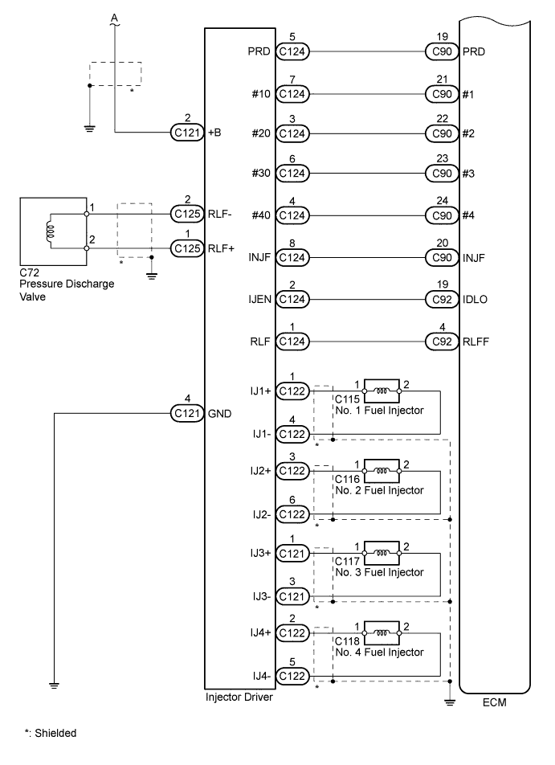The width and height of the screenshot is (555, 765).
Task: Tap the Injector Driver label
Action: pos(240,697)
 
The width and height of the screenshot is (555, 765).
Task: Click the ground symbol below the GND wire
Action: pos(54,685)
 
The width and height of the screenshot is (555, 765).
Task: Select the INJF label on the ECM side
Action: pos(475,258)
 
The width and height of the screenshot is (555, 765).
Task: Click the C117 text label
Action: pos(347,562)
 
